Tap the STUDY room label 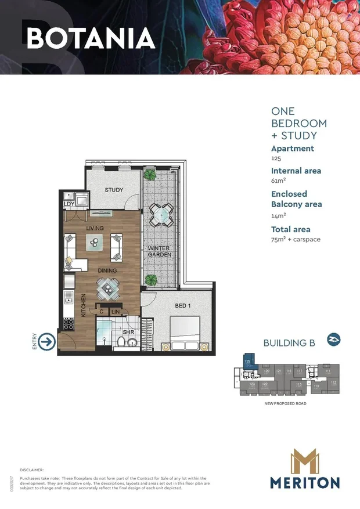tap(114, 190)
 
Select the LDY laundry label tap(69, 204)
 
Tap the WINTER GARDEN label tap(159, 251)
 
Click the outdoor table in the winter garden tap(159, 214)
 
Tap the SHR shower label tap(128, 332)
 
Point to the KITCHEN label tap(84, 305)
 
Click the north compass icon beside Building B tap(333, 340)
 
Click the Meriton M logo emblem tap(304, 461)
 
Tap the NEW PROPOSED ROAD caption tap(285, 403)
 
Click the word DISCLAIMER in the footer tap(32, 470)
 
